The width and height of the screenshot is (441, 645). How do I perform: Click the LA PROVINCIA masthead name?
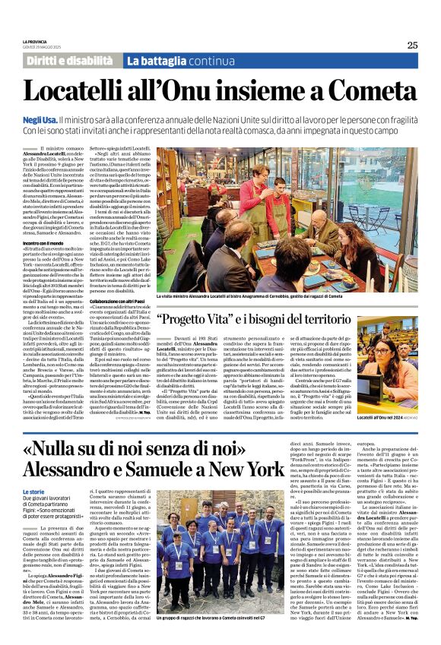coord(35,40)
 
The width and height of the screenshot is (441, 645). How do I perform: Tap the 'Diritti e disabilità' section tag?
coord(70,60)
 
